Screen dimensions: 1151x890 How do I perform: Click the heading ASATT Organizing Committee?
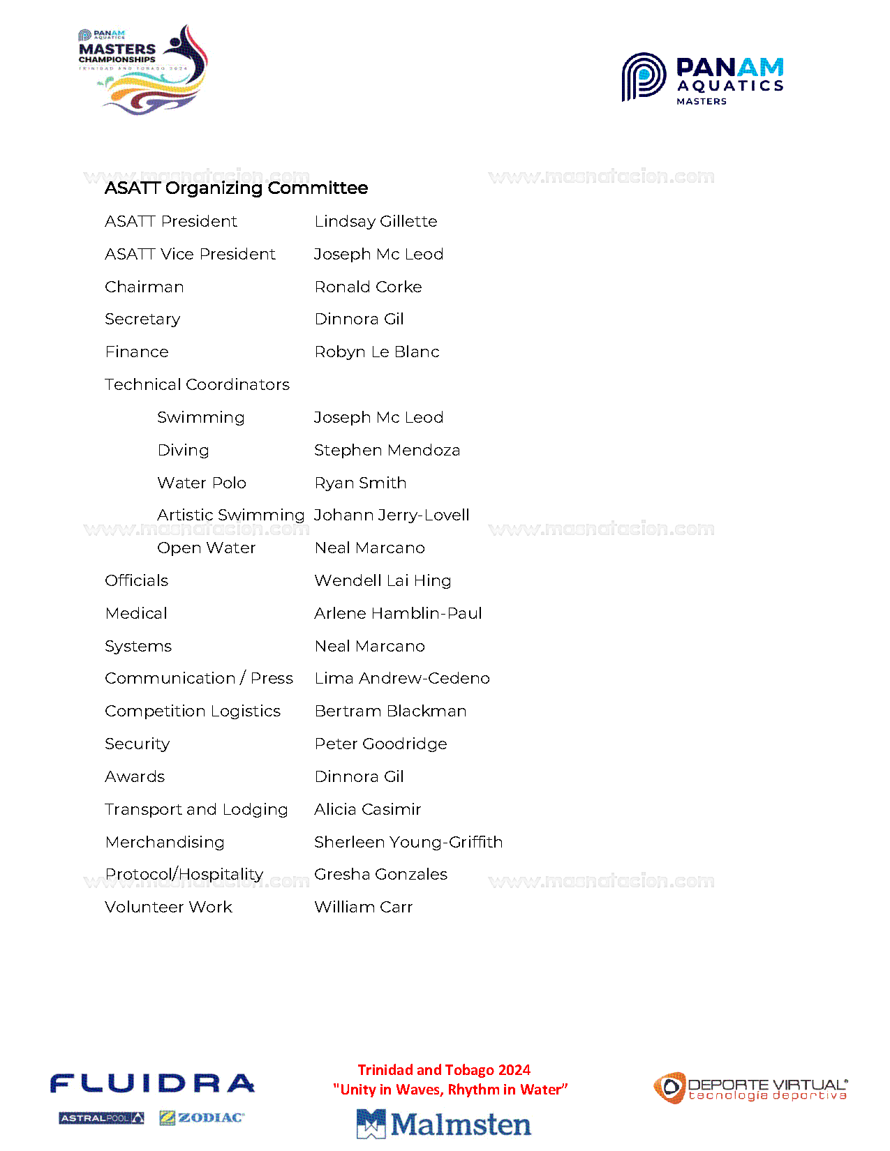(236, 188)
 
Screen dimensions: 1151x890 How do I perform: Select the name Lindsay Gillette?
(376, 221)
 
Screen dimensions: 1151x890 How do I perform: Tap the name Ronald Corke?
(368, 287)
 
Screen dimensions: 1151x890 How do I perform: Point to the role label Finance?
(137, 352)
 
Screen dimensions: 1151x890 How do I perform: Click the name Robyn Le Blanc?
(377, 352)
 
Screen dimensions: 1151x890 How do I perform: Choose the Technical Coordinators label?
(197, 384)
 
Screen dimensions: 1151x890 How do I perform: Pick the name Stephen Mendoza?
(387, 450)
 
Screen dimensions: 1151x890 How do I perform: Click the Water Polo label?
(202, 483)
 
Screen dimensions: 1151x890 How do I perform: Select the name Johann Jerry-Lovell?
(392, 515)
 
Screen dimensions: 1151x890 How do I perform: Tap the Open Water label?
(207, 548)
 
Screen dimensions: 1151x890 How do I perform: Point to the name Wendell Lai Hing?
(383, 580)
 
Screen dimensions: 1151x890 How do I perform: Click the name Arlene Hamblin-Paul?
(398, 613)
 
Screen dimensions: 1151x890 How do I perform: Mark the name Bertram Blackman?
(390, 711)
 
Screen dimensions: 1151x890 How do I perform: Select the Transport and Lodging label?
(196, 809)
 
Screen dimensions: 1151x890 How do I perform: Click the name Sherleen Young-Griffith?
(408, 842)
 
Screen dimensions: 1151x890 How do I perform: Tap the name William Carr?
(363, 907)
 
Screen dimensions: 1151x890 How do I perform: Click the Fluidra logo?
(152, 1083)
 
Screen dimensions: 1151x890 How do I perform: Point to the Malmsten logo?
(444, 1124)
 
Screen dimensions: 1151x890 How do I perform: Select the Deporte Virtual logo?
(750, 1088)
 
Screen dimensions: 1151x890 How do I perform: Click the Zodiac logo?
(202, 1118)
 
